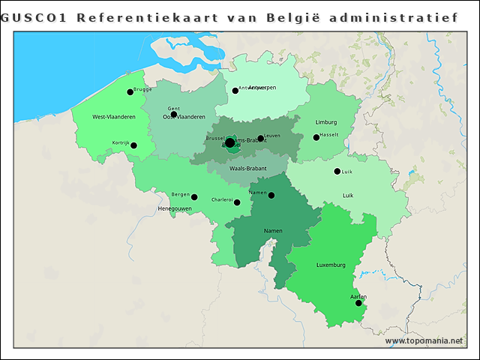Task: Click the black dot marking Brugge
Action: (130, 91)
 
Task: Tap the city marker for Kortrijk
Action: (133, 145)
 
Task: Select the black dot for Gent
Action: (173, 115)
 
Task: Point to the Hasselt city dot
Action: (316, 137)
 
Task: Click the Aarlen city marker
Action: (358, 303)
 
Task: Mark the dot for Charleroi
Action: (237, 202)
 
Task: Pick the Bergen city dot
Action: (194, 197)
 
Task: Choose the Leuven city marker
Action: (260, 138)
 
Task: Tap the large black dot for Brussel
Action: (229, 142)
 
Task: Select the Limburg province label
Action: (326, 121)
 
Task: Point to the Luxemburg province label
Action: (331, 265)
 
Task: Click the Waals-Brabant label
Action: (247, 169)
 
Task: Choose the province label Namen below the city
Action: (273, 231)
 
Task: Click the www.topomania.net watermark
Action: (424, 340)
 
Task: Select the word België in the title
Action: (291, 16)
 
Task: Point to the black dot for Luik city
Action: (337, 171)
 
